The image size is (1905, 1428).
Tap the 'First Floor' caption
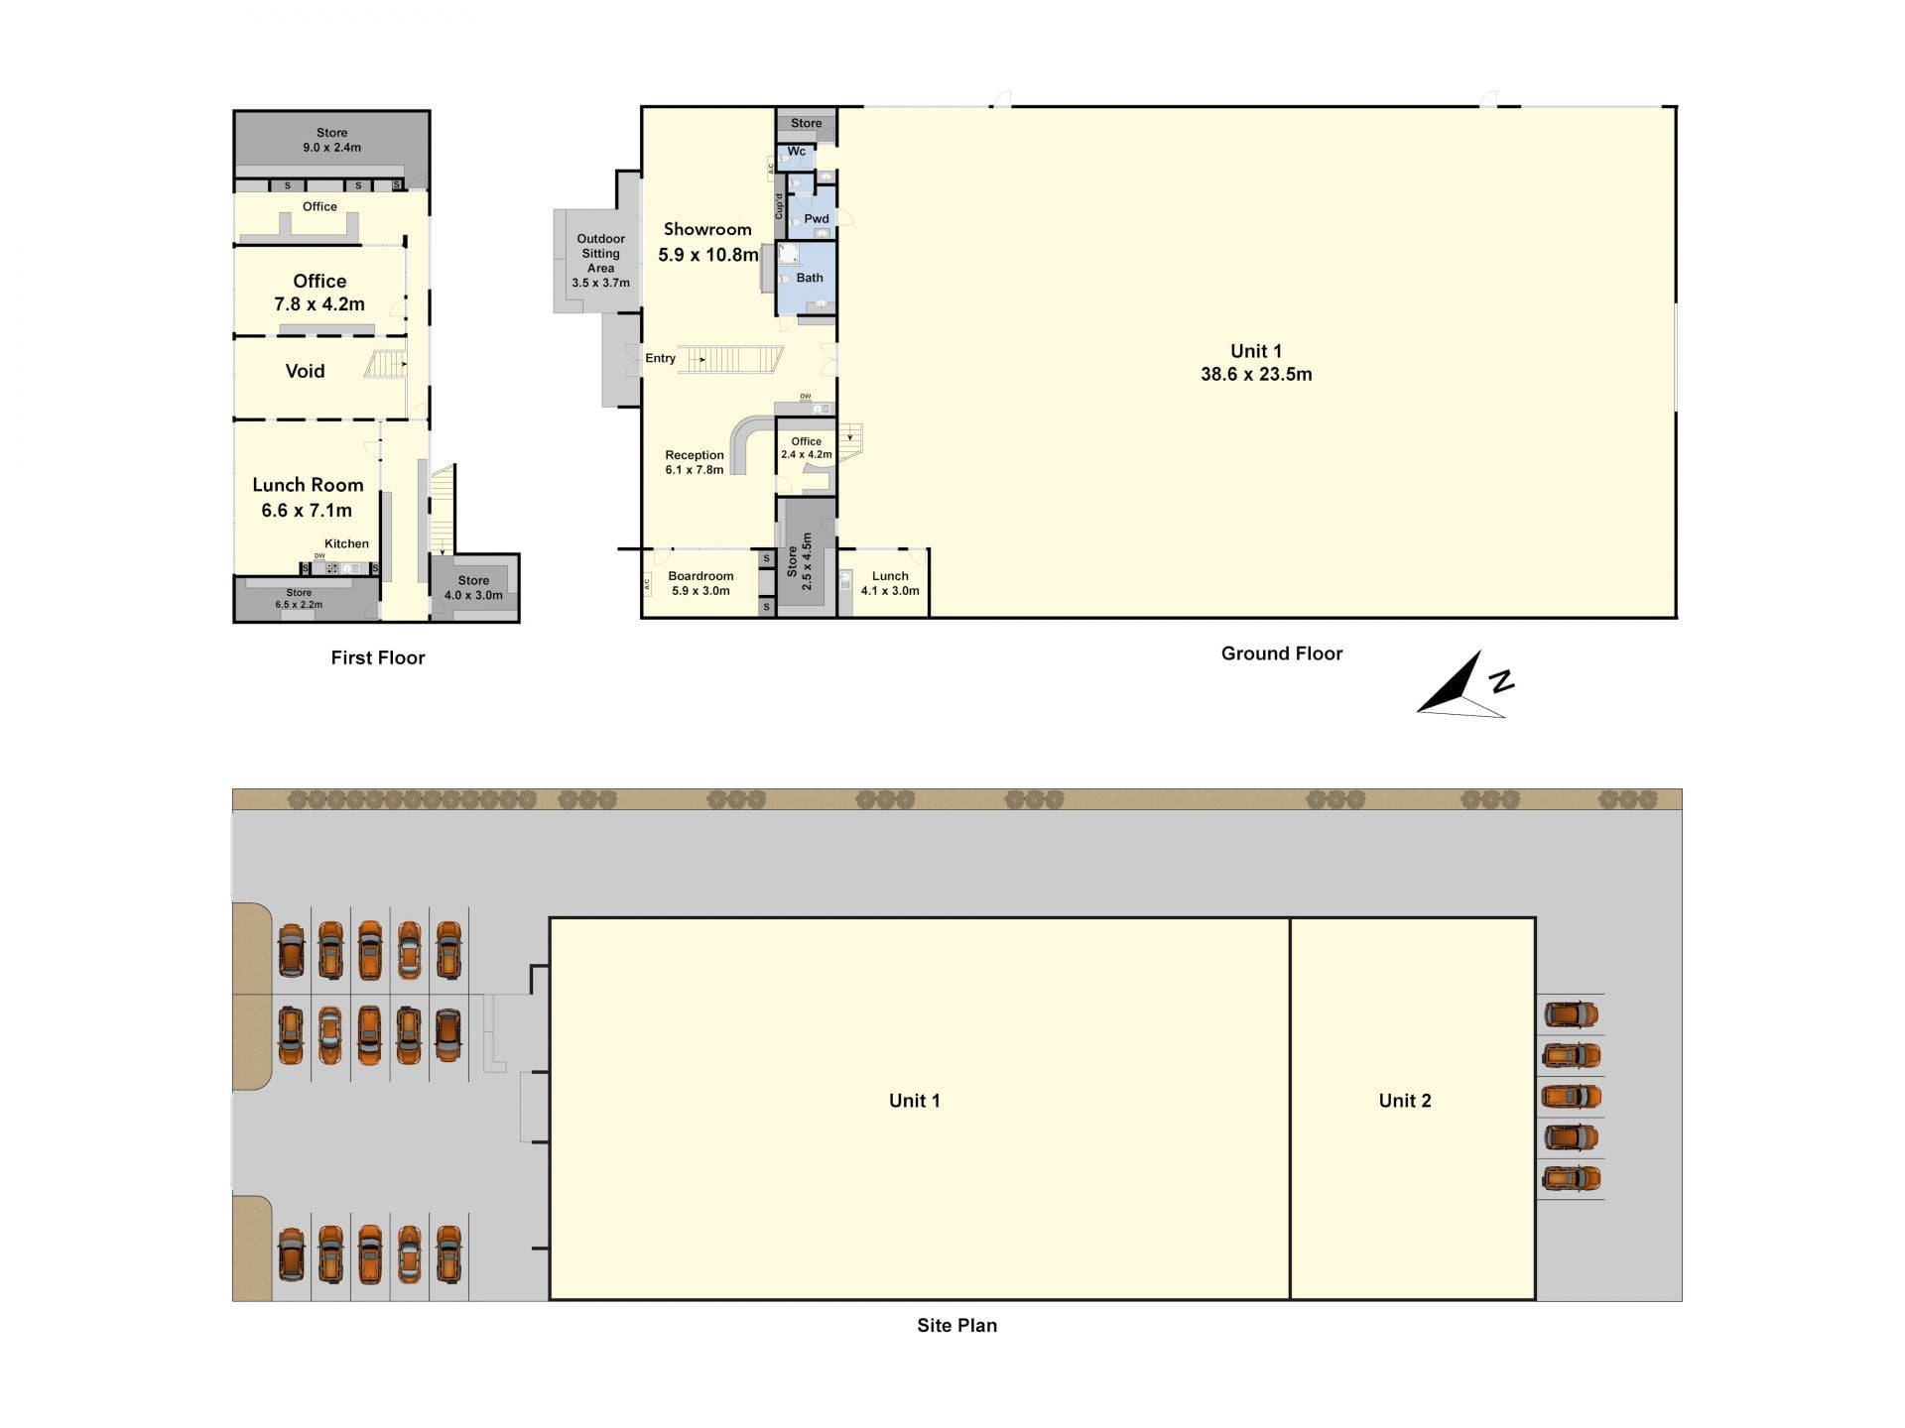(x=378, y=657)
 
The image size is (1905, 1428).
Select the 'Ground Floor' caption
(x=1282, y=654)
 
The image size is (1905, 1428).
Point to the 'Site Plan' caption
(x=956, y=1325)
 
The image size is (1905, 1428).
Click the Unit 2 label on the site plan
(x=1405, y=1100)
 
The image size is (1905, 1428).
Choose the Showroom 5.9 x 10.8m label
(x=707, y=242)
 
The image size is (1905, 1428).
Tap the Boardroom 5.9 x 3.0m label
(x=700, y=583)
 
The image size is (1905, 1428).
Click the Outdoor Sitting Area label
(x=601, y=261)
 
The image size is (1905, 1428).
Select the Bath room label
(x=810, y=278)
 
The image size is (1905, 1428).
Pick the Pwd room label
(x=817, y=219)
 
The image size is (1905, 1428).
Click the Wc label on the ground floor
(x=797, y=152)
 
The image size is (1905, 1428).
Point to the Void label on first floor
(x=305, y=371)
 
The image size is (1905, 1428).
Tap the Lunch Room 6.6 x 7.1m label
(x=308, y=497)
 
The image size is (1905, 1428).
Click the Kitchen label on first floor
(x=346, y=543)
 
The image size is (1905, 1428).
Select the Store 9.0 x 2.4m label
(x=332, y=140)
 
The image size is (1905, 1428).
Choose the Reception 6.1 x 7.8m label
(x=695, y=462)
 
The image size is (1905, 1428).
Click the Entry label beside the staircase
(x=661, y=359)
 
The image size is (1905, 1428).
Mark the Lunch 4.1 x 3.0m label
(x=890, y=583)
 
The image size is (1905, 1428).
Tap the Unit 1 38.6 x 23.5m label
(x=1256, y=362)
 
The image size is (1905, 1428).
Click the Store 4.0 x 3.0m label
(x=473, y=588)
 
